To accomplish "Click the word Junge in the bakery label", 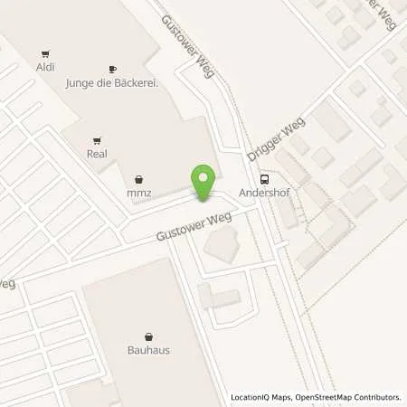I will [x=80, y=83].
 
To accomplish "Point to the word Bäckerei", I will [x=136, y=83].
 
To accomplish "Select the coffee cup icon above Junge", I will [x=113, y=70].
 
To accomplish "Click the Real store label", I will [x=97, y=154].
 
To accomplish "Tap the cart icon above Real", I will [x=97, y=140].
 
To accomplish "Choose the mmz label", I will [x=138, y=193].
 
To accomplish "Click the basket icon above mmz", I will [x=138, y=179].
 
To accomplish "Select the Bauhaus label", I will [x=148, y=349].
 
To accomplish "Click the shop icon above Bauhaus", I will [x=148, y=336].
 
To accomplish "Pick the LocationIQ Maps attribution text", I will [x=263, y=397].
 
